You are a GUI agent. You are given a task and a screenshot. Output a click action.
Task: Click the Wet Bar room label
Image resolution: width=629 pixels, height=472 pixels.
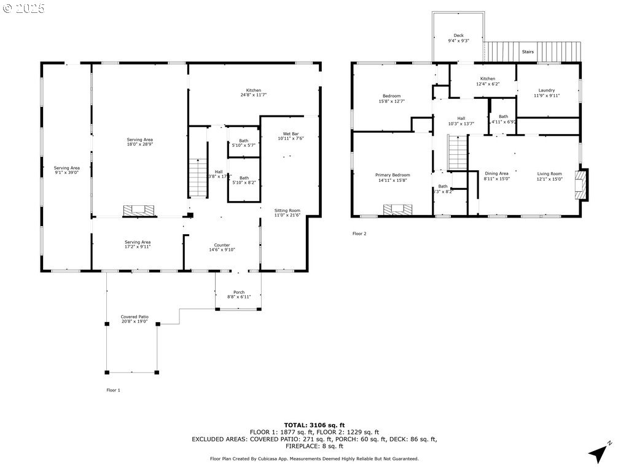click(x=291, y=134)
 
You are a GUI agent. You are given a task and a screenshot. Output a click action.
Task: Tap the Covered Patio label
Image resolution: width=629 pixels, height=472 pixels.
click(x=135, y=317)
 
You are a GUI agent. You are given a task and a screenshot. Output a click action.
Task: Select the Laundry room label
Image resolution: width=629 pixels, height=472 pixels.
click(x=546, y=90)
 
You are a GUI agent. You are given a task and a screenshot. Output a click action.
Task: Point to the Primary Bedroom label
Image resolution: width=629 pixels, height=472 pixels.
click(x=393, y=175)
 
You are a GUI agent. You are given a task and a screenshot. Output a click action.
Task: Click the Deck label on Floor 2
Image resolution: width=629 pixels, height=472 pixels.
click(x=458, y=36)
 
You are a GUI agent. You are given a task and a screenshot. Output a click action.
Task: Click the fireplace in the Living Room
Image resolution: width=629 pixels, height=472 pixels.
click(x=580, y=184)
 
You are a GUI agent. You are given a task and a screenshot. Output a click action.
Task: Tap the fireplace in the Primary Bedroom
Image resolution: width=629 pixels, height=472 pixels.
click(x=394, y=210)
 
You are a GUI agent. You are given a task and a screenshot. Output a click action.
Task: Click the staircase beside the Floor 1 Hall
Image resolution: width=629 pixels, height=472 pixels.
click(x=197, y=178)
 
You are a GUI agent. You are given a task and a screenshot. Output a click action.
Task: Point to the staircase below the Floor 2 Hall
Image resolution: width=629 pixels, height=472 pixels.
click(x=457, y=153)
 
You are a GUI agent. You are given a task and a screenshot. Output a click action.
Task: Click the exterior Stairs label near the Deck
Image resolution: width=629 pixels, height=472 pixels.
click(x=528, y=52)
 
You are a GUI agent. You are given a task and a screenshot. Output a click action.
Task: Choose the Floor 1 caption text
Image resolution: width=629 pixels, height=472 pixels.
click(x=114, y=390)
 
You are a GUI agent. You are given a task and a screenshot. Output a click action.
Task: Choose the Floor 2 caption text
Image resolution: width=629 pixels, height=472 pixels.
click(x=359, y=234)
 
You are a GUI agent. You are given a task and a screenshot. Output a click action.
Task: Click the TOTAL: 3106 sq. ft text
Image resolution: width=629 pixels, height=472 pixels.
click(x=314, y=425)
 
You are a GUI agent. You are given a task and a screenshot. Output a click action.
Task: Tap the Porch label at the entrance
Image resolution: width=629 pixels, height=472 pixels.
click(x=239, y=292)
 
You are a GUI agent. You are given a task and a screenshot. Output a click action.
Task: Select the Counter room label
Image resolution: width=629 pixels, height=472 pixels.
click(x=222, y=245)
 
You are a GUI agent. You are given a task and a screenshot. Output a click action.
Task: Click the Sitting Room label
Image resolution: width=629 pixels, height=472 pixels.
click(x=287, y=211)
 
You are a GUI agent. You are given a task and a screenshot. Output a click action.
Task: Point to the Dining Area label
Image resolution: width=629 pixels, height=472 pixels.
click(x=496, y=173)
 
